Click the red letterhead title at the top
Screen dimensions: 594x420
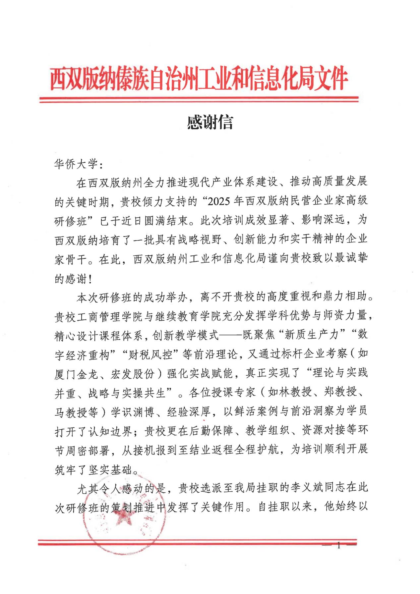pyautogui.click(x=199, y=79)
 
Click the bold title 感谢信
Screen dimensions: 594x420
pyautogui.click(x=210, y=122)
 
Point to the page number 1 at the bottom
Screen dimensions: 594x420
pyautogui.click(x=338, y=545)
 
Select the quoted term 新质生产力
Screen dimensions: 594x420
pyautogui.click(x=311, y=335)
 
